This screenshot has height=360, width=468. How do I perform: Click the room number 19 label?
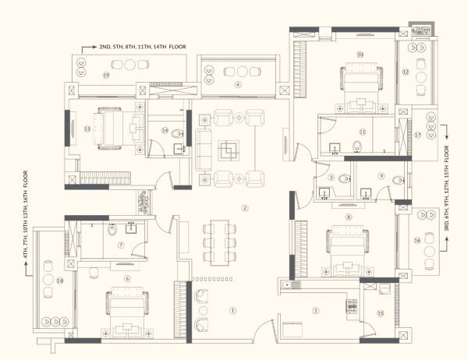105,75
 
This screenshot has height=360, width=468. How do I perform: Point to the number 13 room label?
87,129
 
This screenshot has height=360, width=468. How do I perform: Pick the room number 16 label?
418,241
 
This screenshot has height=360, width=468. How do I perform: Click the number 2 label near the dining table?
244,208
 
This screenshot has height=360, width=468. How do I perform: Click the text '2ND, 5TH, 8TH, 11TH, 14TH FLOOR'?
143,47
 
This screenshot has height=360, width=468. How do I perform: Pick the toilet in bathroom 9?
399,180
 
